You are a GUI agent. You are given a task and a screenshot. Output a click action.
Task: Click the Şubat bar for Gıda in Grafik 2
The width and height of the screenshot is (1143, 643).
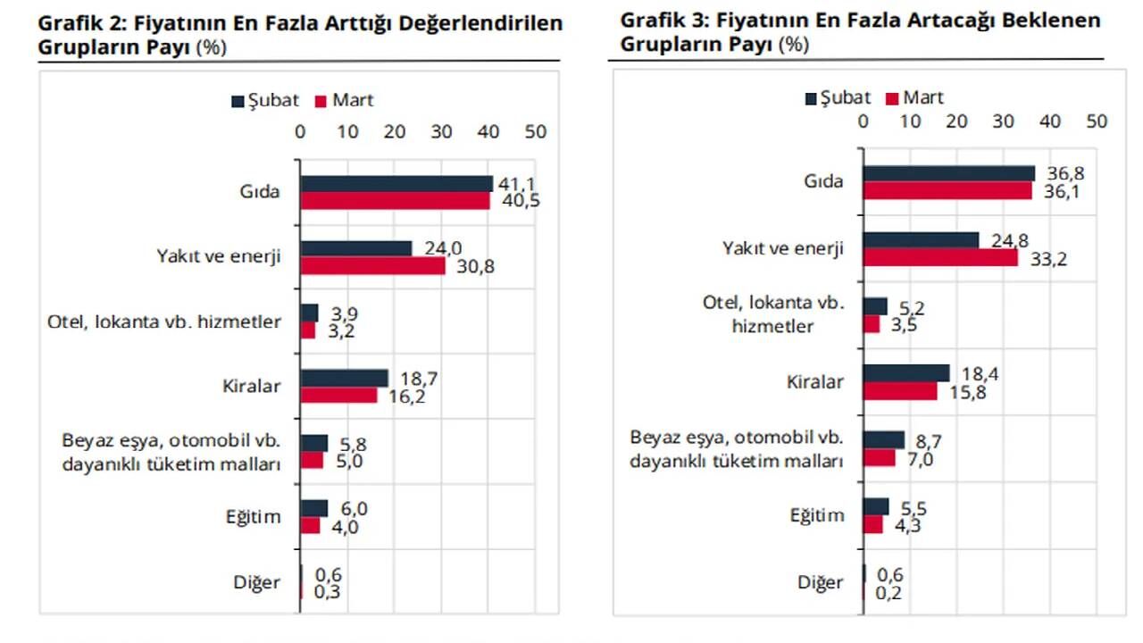396,183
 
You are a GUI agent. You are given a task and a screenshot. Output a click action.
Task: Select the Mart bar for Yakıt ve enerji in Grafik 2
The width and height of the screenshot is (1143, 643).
372,265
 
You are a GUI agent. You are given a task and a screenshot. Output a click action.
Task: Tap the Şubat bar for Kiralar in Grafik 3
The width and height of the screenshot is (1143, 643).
906,373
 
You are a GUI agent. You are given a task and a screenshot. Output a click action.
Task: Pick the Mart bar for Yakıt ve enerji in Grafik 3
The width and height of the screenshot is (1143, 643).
940,257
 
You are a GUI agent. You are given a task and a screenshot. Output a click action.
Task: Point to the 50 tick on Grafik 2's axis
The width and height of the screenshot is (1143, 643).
534,132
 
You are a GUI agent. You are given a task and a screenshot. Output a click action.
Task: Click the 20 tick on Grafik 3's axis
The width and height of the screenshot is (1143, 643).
956,121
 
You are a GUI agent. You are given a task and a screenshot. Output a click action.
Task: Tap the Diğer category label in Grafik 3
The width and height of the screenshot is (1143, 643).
821,583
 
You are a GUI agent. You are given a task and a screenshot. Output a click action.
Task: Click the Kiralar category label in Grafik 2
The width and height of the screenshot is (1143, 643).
251,387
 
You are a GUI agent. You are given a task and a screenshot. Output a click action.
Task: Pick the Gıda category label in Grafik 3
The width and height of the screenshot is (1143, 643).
823,181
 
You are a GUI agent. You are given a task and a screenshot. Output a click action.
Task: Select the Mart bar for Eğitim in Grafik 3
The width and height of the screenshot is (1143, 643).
872,524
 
